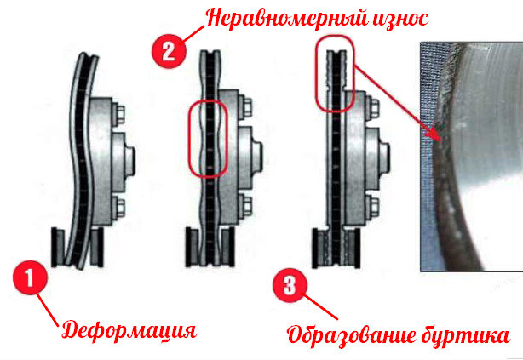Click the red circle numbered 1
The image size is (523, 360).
[31, 278]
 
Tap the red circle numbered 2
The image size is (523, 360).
[169, 52]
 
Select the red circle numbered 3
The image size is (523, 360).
[290, 285]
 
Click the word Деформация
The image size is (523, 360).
[129, 331]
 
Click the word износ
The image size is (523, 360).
[399, 19]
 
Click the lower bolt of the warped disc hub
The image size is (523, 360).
[118, 208]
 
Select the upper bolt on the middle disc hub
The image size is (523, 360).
[245, 106]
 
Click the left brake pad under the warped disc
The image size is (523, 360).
[58, 247]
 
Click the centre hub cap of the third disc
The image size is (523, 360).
[383, 157]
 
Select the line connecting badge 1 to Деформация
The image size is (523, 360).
[47, 310]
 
